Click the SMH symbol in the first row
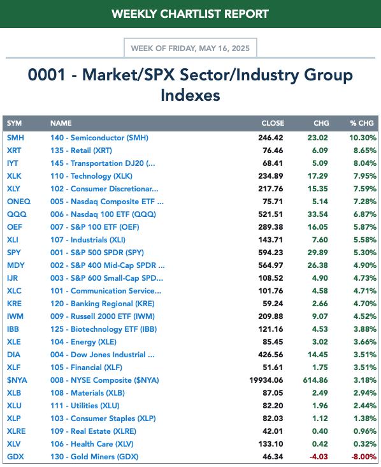[15, 138]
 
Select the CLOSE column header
[273, 123]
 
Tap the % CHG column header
[362, 123]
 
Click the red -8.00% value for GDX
[363, 457]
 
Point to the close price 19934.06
[266, 380]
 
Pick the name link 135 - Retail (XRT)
[81, 151]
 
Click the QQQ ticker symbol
[17, 214]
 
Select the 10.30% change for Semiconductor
[363, 138]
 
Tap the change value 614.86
[315, 380]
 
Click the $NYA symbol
[17, 380]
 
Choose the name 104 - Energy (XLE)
[83, 342]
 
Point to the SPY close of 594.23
[270, 253]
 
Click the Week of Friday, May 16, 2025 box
[190, 48]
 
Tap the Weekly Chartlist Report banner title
[190, 14]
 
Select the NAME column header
[61, 123]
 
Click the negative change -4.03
[319, 457]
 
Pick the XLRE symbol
[17, 431]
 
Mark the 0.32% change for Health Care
[365, 444]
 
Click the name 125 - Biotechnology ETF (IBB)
[103, 329]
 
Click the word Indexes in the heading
[190, 95]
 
